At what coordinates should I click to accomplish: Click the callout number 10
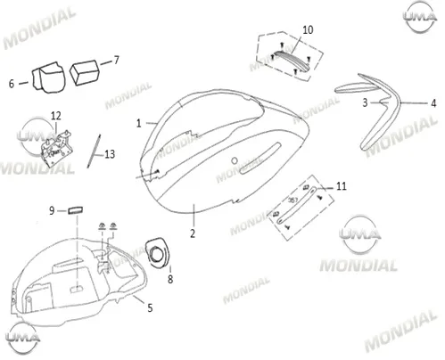[x=308, y=29]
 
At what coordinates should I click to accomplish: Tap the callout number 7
[x=116, y=60]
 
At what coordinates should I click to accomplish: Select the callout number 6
[x=12, y=84]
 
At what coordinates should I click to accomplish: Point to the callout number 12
[x=56, y=116]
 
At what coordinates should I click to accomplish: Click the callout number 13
[x=110, y=154]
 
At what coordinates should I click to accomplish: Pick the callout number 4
[x=433, y=103]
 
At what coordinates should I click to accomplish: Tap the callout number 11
[x=342, y=186]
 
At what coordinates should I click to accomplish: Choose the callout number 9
[x=52, y=210]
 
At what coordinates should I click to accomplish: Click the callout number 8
[x=170, y=279]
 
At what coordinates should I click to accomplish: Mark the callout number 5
[x=150, y=308]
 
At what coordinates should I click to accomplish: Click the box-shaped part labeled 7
[x=84, y=73]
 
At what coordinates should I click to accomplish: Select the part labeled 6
[x=48, y=78]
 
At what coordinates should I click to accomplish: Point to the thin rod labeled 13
[x=94, y=151]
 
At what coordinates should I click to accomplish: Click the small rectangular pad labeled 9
[x=76, y=210]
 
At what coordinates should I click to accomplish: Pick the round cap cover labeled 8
[x=158, y=252]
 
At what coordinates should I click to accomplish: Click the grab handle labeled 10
[x=293, y=61]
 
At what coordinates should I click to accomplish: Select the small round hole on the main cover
[x=235, y=160]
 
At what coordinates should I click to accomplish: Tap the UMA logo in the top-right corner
[x=420, y=17]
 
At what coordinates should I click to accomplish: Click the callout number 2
[x=193, y=233]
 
